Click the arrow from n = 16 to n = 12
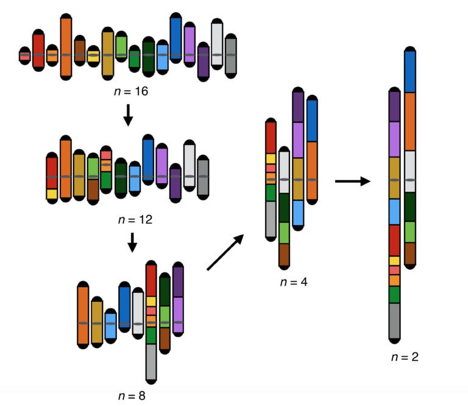(128, 115)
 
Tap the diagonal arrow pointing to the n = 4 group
(225, 252)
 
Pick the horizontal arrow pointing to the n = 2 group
(352, 181)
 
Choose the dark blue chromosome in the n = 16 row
(176, 38)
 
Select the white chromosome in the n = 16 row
(217, 43)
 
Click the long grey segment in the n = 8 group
(151, 362)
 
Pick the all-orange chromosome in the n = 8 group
(83, 315)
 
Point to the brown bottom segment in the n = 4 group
(285, 254)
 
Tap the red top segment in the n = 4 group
(271, 138)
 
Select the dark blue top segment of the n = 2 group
(410, 71)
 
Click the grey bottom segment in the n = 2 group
(394, 320)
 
